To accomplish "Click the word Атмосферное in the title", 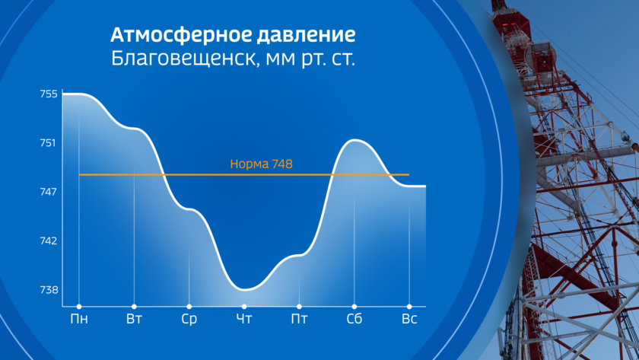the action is pos(181,36).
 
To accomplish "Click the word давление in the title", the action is pos(306,36).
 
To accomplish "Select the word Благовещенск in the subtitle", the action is pos(186,59).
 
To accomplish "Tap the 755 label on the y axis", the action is pos(49,94).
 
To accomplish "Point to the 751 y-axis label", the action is pos(48,143).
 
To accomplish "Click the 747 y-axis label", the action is pos(48,192).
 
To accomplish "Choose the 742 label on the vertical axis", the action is pos(49,241).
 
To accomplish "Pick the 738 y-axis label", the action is pos(49,290).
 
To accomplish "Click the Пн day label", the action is pos(79,319).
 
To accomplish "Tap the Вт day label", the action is pos(134,319).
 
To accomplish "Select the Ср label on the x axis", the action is pos(189,319).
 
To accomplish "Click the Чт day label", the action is pos(244,319).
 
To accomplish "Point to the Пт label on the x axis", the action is pos(299,319).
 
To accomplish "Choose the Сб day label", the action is pos(354,319).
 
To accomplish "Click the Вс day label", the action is pos(409,319).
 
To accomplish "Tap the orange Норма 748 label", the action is pos(261,164).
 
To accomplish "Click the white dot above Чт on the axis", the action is pos(244,307).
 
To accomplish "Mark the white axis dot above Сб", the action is pos(354,307).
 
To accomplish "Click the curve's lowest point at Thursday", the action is pos(244,289).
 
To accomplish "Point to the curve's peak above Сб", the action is pos(354,140).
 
